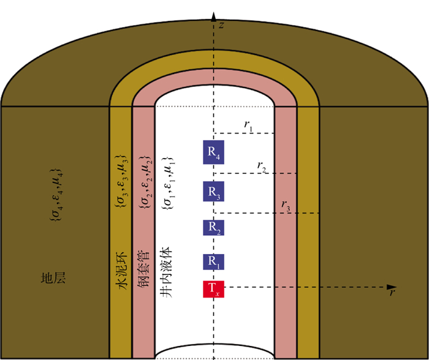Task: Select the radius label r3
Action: (x=286, y=205)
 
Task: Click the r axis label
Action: (x=391, y=293)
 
